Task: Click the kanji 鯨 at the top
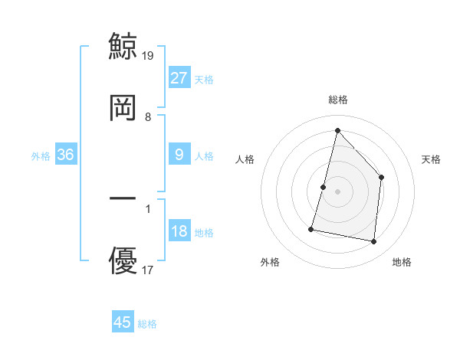123,44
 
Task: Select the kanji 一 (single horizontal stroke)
123,198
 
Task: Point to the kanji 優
123,260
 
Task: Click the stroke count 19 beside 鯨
149,55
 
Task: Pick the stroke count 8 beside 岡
148,116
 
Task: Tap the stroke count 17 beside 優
149,270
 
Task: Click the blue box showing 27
179,77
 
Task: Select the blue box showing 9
179,155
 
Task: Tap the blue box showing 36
65,155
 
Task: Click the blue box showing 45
123,322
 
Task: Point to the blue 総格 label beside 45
147,324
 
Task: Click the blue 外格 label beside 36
41,156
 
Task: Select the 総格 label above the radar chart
337,100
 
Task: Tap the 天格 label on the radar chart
431,159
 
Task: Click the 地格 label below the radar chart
402,262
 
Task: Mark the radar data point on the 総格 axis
337,129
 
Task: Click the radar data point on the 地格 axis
374,242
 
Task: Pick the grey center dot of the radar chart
337,191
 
